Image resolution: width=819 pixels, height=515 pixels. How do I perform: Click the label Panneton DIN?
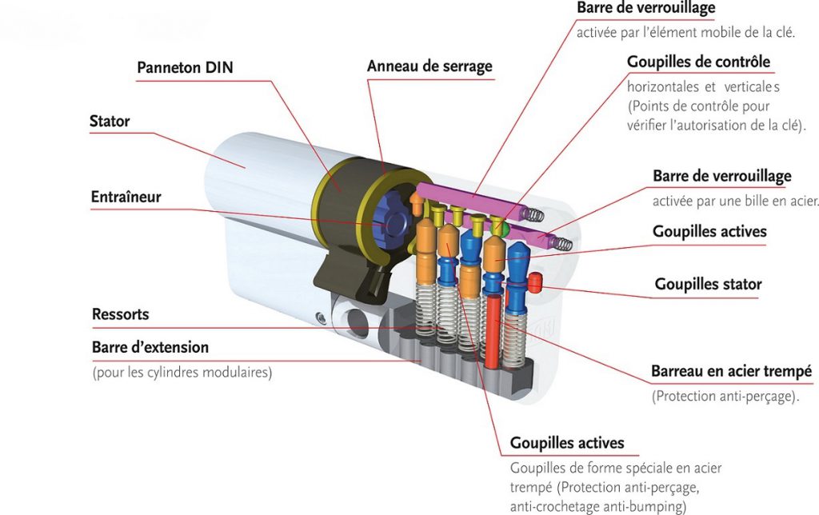tap(185, 67)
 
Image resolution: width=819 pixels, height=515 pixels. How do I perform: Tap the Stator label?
tap(110, 122)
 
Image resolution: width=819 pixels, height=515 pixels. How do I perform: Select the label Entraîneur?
tap(126, 197)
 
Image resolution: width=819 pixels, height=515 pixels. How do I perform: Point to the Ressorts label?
tap(121, 314)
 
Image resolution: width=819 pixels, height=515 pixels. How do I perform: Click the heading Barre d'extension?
tap(150, 348)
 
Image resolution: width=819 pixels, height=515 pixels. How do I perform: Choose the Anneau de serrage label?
tap(429, 66)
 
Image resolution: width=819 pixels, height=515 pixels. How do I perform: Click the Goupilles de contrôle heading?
tap(698, 62)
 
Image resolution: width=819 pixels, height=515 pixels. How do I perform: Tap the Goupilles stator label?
tap(708, 284)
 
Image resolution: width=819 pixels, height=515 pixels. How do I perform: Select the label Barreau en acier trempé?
tap(731, 372)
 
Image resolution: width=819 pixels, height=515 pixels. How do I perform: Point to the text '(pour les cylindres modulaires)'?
tap(182, 373)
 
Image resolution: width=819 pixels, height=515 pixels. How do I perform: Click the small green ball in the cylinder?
tap(501, 229)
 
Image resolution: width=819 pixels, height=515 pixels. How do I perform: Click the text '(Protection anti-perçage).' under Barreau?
tap(725, 396)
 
